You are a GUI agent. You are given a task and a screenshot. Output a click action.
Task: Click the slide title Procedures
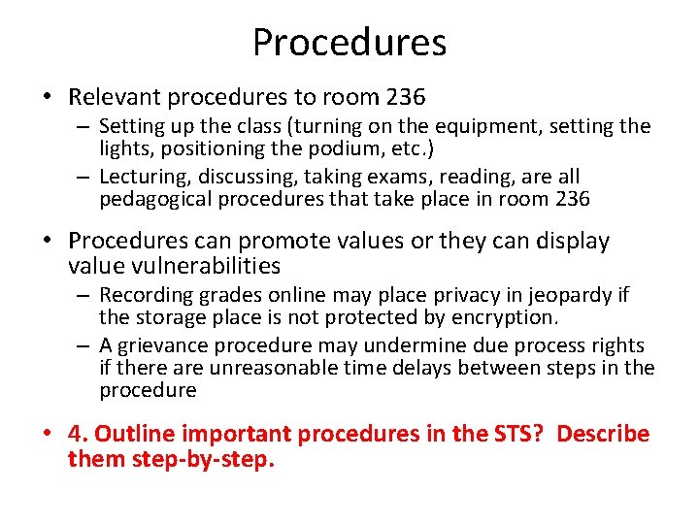[x=349, y=43]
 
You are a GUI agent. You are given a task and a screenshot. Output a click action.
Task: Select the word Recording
[x=147, y=294]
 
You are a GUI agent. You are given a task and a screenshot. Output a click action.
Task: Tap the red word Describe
[x=603, y=434]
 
